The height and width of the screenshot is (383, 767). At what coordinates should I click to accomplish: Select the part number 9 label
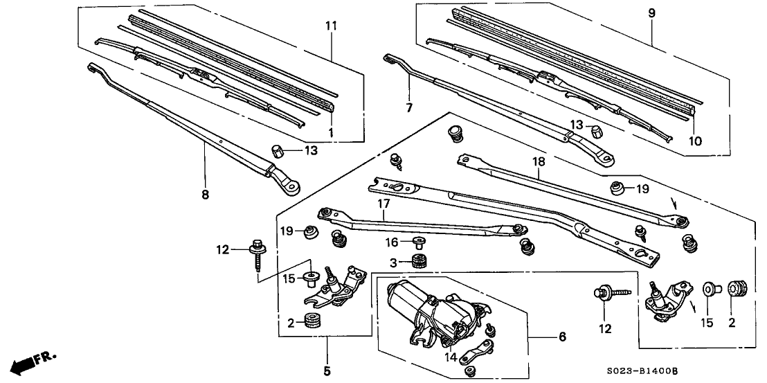click(x=651, y=12)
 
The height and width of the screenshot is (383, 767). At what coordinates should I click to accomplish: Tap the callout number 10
click(x=694, y=141)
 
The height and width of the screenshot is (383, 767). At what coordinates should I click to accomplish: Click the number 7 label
click(x=409, y=108)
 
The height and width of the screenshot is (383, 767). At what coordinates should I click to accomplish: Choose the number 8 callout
click(x=204, y=195)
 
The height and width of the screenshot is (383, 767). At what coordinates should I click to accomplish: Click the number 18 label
click(x=539, y=161)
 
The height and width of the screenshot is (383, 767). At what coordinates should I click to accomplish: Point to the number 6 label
click(x=562, y=337)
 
